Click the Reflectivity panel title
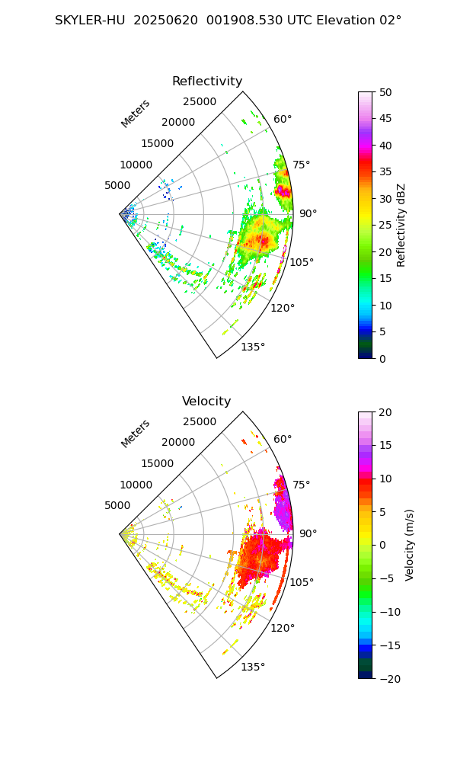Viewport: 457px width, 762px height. click(207, 82)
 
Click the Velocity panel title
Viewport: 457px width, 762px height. click(206, 402)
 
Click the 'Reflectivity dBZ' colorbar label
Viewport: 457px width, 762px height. click(401, 225)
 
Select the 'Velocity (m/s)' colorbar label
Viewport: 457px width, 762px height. click(410, 545)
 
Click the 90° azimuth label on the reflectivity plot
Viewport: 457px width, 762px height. click(308, 214)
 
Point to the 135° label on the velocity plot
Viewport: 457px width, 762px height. click(253, 668)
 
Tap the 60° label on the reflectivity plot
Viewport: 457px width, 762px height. click(283, 119)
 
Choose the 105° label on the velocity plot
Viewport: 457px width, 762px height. click(302, 582)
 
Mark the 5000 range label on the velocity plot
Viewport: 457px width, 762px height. click(117, 505)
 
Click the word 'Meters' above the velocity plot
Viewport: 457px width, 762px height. click(136, 434)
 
